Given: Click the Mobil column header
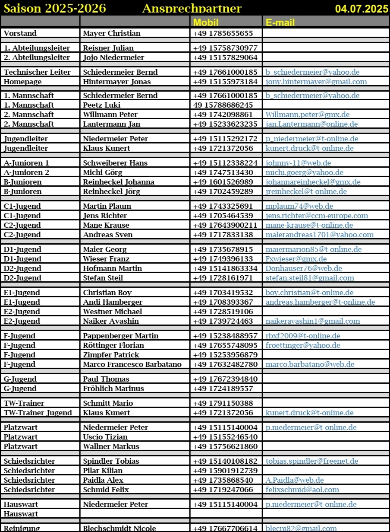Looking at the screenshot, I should tap(206, 22).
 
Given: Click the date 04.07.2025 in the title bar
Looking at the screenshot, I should tap(362, 9).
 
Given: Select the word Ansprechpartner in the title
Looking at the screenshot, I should tap(192, 9).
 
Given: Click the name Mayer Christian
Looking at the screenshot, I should tap(111, 33).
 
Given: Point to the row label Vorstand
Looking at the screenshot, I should tap(20, 33).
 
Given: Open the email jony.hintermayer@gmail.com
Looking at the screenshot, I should tap(316, 82).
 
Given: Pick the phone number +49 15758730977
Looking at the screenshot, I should tap(225, 48).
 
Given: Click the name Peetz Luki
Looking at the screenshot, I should tap(101, 105).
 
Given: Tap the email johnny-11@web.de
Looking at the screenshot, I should tap(298, 163).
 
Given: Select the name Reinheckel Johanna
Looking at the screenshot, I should tap(119, 182).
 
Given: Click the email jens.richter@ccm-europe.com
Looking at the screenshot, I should tap(317, 216).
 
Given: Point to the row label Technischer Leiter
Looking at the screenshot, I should tap(37, 72).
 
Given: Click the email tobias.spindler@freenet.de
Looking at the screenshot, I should tap(311, 461).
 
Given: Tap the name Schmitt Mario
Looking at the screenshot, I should tap(108, 403).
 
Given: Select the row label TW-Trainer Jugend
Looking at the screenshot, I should tap(38, 413).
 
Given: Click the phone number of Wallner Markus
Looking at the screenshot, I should tap(225, 446).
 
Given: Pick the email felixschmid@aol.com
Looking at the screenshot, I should tap(302, 490).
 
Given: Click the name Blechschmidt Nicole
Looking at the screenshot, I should tap(120, 529).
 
